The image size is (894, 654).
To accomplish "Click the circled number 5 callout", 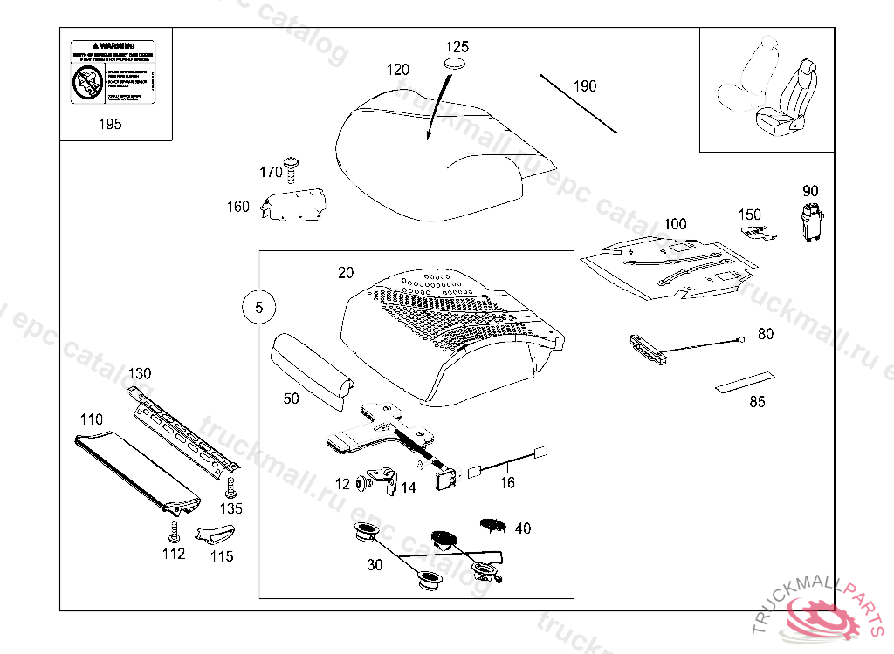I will coord(258,308).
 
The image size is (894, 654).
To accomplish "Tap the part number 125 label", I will coord(457,46).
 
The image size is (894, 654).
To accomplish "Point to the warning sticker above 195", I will coord(111,72).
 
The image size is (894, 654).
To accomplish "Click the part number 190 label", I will coord(585,85).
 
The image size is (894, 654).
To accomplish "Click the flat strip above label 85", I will coord(743,381).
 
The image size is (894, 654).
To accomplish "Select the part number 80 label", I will coord(766,334).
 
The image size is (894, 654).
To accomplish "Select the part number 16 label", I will coord(507,482).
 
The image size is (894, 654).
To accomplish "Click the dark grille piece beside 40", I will coord(494,525).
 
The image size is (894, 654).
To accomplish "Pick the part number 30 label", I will coord(375,565).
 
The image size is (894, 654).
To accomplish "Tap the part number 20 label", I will coord(346,273).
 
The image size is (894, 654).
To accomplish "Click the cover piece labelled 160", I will coord(294,205).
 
